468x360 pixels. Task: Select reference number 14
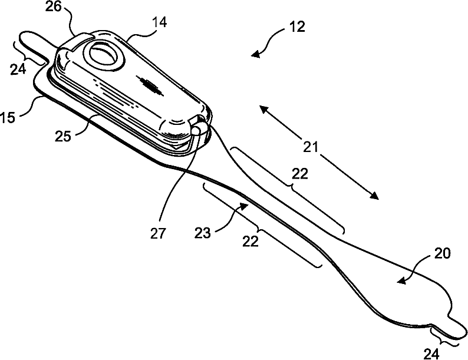[x=159, y=23]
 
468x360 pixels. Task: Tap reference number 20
[x=443, y=254]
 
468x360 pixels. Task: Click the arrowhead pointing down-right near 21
[x=373, y=196]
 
